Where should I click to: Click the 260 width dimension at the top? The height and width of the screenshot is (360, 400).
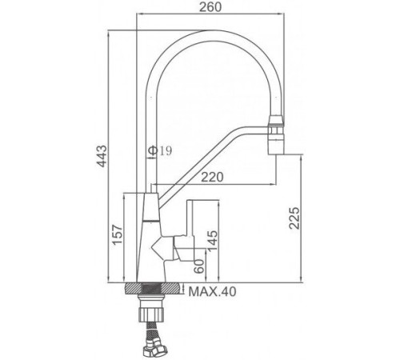tap(210, 7)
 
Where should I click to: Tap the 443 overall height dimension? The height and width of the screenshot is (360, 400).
tap(102, 156)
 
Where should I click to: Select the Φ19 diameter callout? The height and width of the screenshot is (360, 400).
tap(160, 151)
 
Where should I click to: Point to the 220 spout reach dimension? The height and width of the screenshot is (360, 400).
tap(212, 177)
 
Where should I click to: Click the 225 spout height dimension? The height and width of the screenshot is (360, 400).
tap(294, 218)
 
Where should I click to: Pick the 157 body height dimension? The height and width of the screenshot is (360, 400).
tap(118, 234)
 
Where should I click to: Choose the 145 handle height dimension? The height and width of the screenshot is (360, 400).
tap(213, 241)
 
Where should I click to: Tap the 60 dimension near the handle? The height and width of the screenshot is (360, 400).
tap(199, 266)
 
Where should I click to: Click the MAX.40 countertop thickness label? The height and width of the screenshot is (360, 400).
tap(212, 291)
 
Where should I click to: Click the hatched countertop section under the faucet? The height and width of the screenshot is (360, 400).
tap(154, 289)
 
